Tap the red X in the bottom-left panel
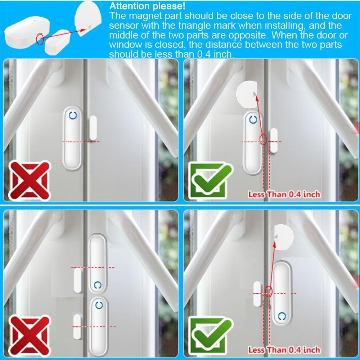(29, 333)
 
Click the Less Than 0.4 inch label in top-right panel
(284, 194)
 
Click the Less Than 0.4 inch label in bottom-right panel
(284, 350)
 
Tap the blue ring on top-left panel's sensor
(73, 116)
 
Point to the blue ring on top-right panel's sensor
(253, 120)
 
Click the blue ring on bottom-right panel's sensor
(283, 316)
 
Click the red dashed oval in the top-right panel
(264, 139)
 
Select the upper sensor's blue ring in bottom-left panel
(97, 285)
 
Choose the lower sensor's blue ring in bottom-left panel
(99, 305)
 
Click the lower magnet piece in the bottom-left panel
(77, 326)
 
